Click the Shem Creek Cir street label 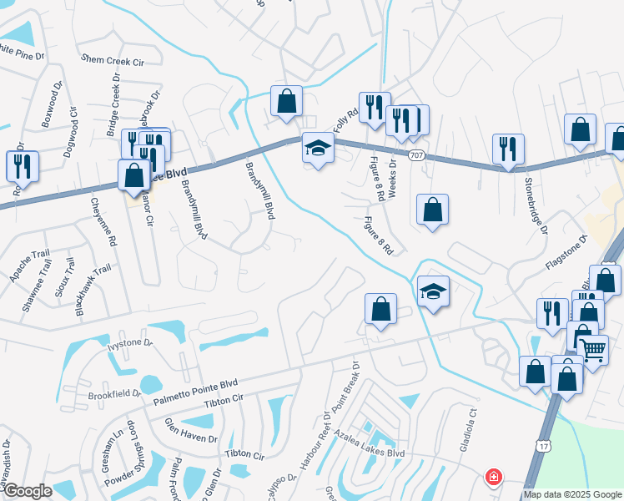click(113, 60)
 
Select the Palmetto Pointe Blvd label click(197, 392)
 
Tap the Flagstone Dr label click(566, 250)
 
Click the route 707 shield click(417, 155)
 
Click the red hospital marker click(494, 478)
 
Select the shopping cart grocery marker click(593, 351)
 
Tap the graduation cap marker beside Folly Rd click(317, 149)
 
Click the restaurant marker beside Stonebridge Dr click(508, 149)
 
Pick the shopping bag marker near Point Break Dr click(380, 309)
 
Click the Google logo click(27, 491)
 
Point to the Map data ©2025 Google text click(571, 494)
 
